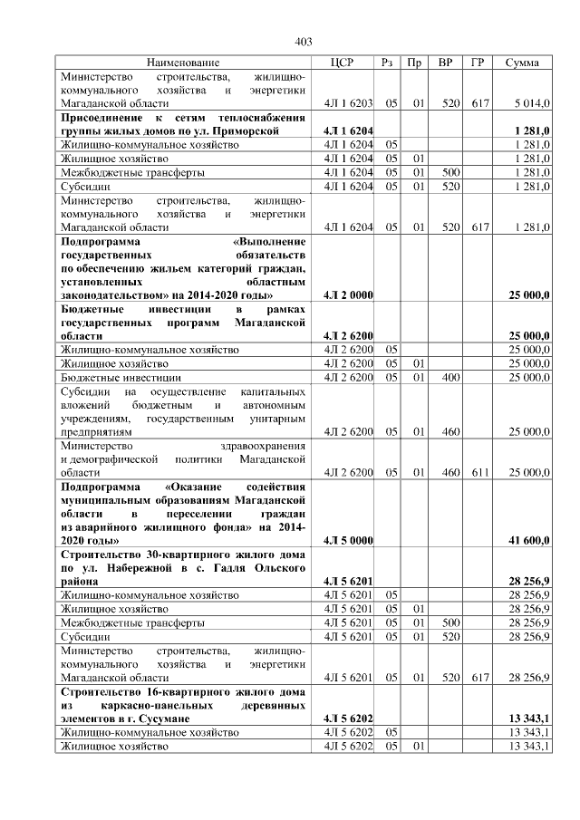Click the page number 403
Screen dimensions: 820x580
pos(304,42)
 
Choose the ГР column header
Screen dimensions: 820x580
pos(477,63)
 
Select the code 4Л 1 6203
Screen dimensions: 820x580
pos(348,104)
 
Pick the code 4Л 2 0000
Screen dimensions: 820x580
pos(348,295)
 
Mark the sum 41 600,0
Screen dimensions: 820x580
pos(529,541)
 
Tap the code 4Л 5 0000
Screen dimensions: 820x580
pos(348,541)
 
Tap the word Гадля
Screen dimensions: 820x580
pos(216,567)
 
